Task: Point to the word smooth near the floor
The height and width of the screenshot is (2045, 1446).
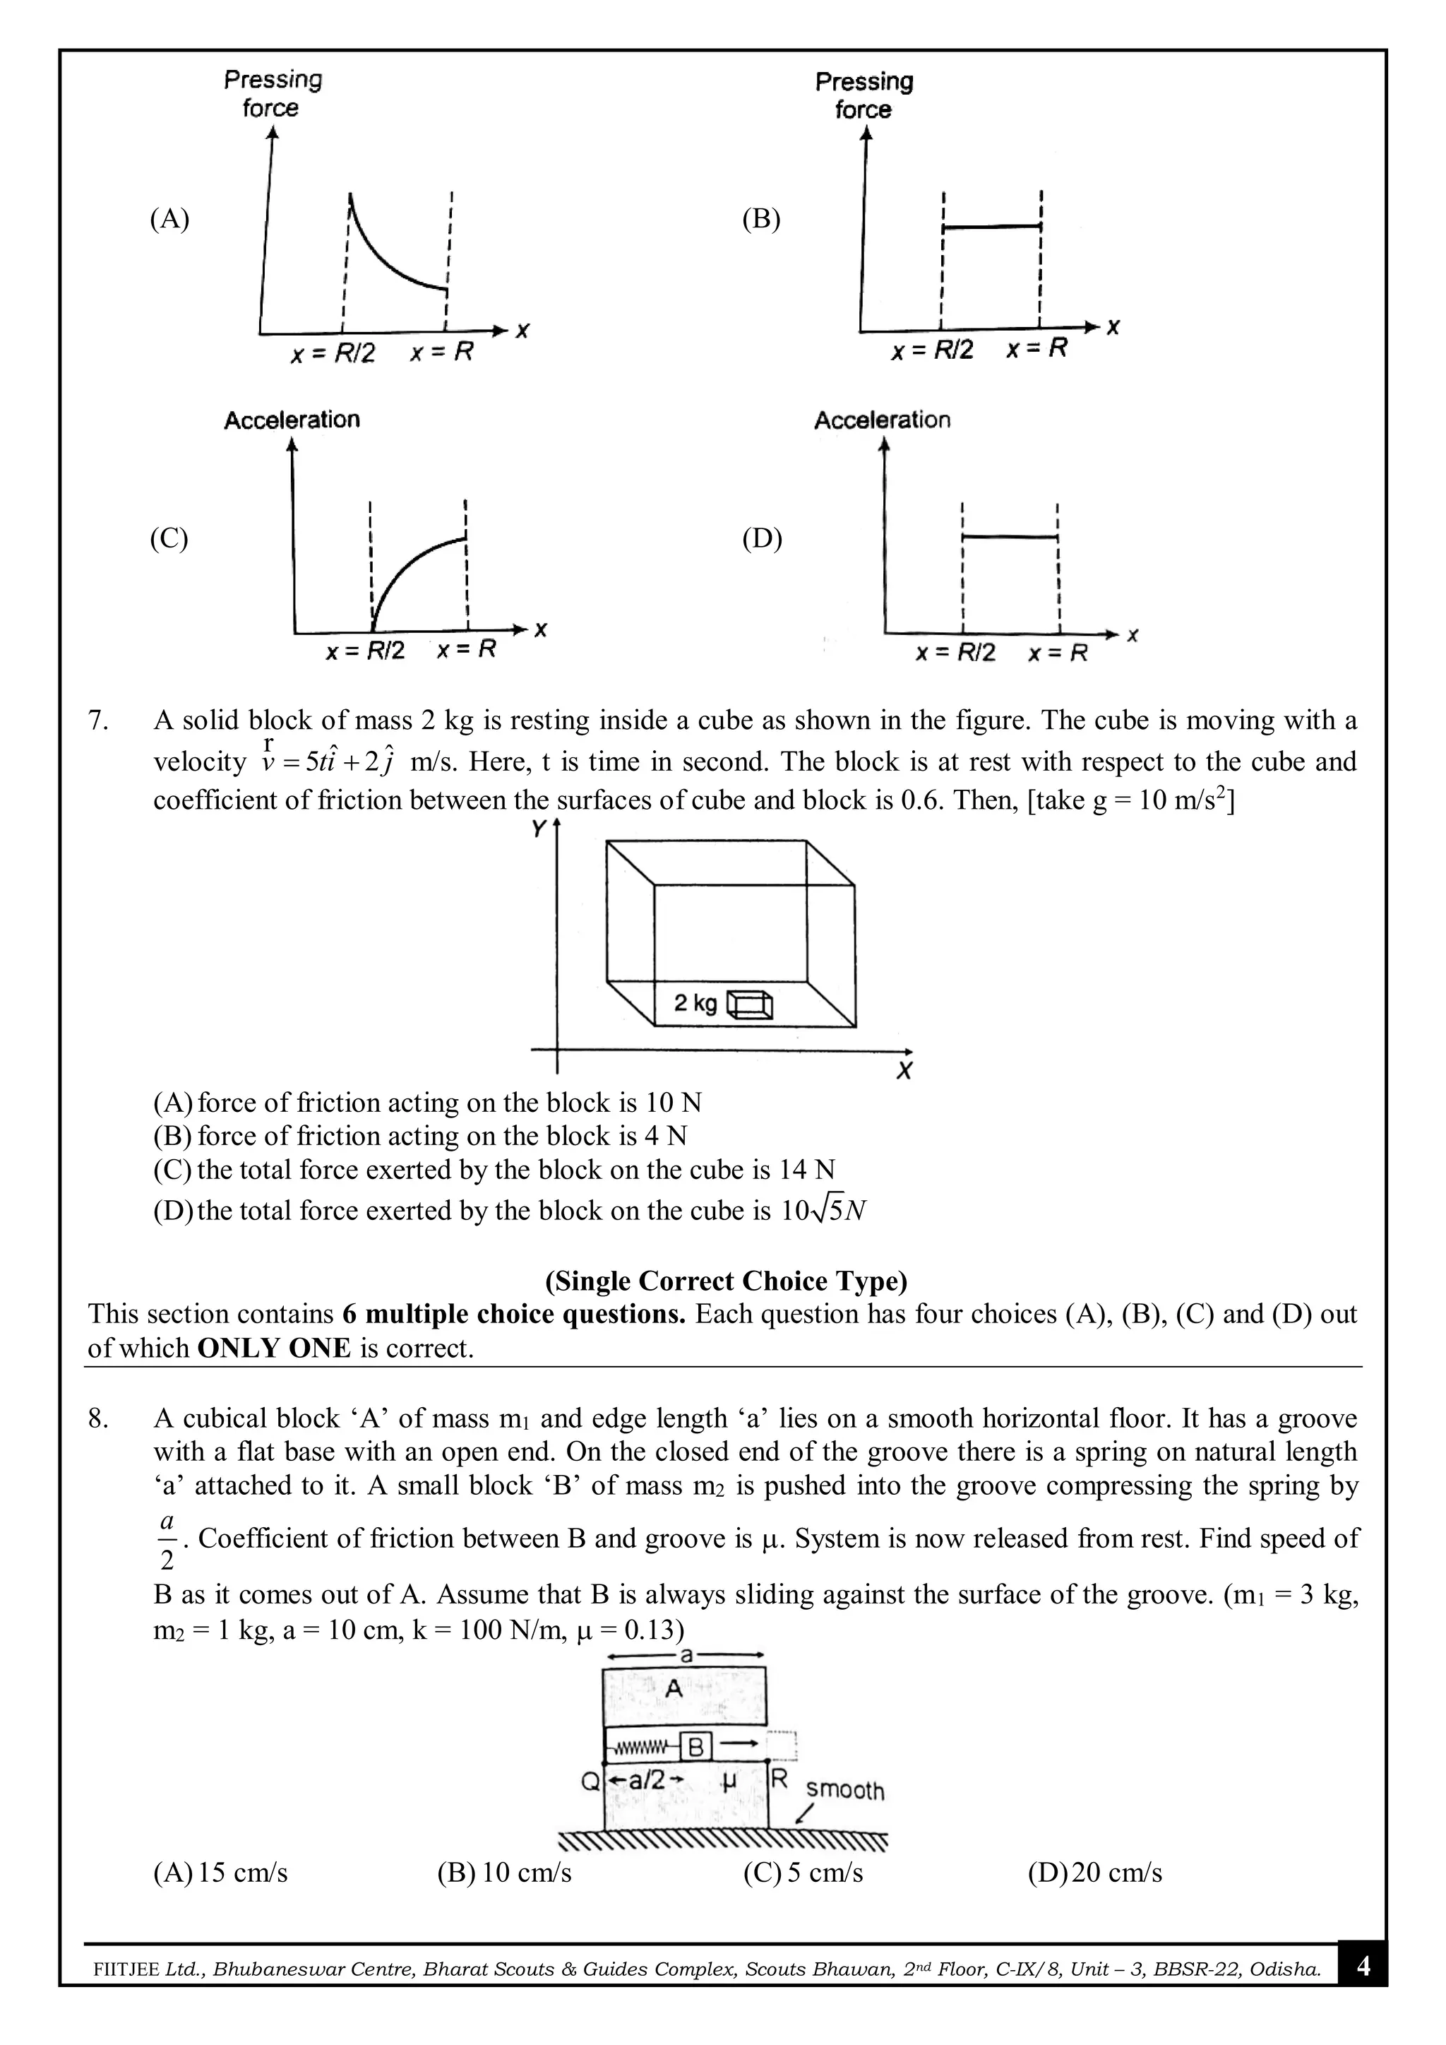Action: tap(845, 1790)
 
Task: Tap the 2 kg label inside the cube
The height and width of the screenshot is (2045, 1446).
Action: tap(695, 1004)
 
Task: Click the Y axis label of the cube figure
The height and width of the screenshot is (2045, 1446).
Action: tap(539, 829)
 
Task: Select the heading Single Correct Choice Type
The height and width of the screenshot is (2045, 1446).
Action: tap(726, 1281)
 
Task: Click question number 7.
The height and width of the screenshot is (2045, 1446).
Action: tap(98, 721)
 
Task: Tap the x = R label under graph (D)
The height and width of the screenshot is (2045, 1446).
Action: tap(1058, 653)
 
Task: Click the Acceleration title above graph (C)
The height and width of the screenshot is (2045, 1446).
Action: tap(292, 420)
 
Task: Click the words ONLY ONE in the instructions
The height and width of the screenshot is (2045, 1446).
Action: tap(274, 1348)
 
